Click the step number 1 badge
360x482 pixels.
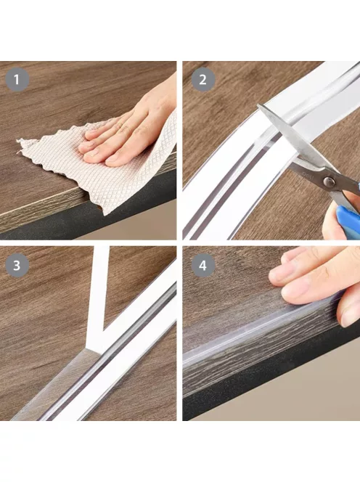tap(17, 80)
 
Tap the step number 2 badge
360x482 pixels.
tap(203, 80)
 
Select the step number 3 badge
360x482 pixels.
tap(17, 265)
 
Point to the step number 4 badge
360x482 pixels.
tap(203, 265)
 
